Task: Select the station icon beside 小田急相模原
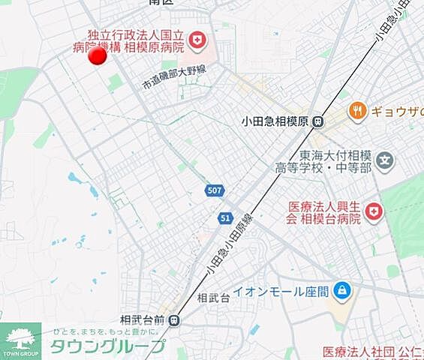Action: point(319,121)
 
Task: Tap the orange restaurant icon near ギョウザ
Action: point(357,111)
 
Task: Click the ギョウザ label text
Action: point(397,112)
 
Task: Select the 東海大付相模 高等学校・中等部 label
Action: point(335,162)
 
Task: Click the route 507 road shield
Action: point(214,191)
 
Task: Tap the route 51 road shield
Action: point(226,217)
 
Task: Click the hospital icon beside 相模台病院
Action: point(373,214)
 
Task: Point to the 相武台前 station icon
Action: point(174,320)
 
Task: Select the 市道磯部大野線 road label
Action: point(174,78)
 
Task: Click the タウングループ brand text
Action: point(107,346)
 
